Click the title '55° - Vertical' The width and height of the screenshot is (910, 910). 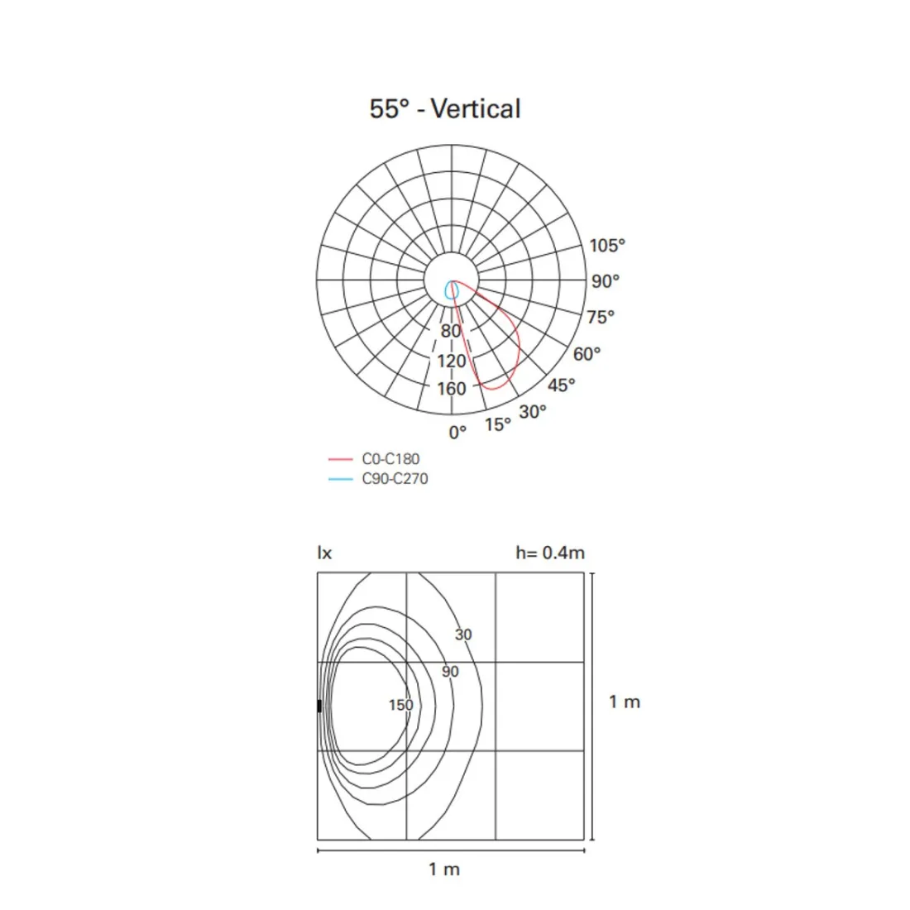click(x=445, y=108)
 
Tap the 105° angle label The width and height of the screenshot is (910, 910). click(x=607, y=246)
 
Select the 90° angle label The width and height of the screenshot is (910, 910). click(x=606, y=281)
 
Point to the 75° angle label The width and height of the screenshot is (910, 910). click(x=600, y=317)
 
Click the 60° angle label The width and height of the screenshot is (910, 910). click(x=587, y=353)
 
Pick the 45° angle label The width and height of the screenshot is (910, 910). click(x=561, y=385)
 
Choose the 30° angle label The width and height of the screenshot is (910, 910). click(x=532, y=411)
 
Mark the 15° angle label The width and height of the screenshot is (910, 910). click(x=498, y=424)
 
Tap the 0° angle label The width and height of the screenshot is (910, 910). click(x=457, y=433)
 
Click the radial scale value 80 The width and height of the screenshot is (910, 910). click(x=450, y=331)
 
